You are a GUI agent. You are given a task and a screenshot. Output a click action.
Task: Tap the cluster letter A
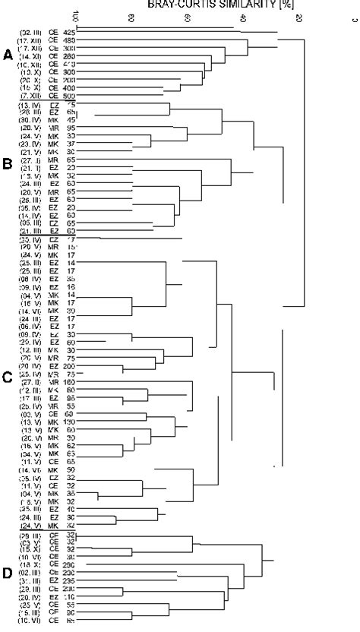point(8,55)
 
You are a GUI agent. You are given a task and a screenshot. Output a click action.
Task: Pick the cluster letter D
point(8,573)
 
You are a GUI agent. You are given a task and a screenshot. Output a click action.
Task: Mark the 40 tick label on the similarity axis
point(243,17)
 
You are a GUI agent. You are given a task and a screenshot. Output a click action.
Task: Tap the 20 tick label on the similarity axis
point(299,17)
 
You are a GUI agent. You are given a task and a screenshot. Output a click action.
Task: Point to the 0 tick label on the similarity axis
point(354,17)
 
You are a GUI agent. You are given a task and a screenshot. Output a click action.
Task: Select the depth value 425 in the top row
point(69,33)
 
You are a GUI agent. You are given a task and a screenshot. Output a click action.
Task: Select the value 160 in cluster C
point(69,381)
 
